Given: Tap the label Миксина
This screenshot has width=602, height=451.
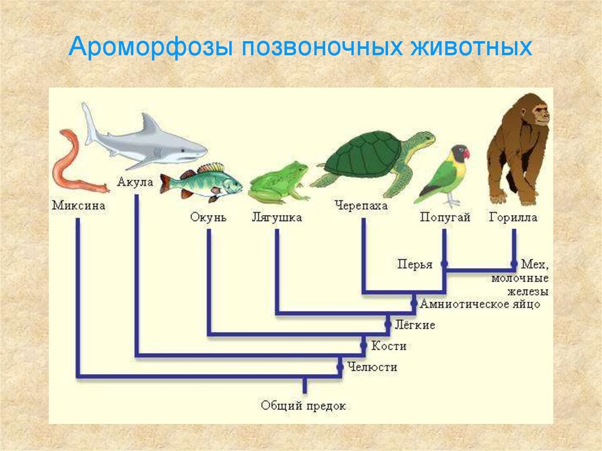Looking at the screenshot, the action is pyautogui.click(x=79, y=205).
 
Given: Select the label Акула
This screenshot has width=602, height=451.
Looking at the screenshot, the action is pyautogui.click(x=135, y=182).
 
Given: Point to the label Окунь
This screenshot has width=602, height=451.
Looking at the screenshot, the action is pyautogui.click(x=209, y=217).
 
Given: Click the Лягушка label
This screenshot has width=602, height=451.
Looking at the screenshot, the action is pyautogui.click(x=277, y=218).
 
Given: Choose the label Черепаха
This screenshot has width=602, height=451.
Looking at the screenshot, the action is pyautogui.click(x=362, y=206).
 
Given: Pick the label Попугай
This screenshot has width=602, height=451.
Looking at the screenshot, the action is pyautogui.click(x=446, y=218).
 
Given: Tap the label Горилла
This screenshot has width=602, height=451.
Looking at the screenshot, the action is pyautogui.click(x=513, y=218).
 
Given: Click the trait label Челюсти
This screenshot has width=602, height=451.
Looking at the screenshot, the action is pyautogui.click(x=372, y=367).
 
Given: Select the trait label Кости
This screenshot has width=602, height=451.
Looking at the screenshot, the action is pyautogui.click(x=389, y=346).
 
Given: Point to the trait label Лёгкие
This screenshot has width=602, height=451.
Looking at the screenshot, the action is pyautogui.click(x=415, y=325).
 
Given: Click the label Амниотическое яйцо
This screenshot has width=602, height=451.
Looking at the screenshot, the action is pyautogui.click(x=480, y=304).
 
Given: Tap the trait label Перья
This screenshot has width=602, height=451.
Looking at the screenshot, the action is pyautogui.click(x=414, y=264).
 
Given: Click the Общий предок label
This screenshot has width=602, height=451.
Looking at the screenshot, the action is pyautogui.click(x=303, y=405).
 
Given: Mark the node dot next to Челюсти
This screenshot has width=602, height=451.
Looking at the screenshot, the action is pyautogui.click(x=340, y=368).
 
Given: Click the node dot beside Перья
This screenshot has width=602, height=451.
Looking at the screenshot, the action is pyautogui.click(x=444, y=264).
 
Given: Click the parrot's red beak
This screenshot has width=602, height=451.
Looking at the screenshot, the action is pyautogui.click(x=466, y=153).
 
